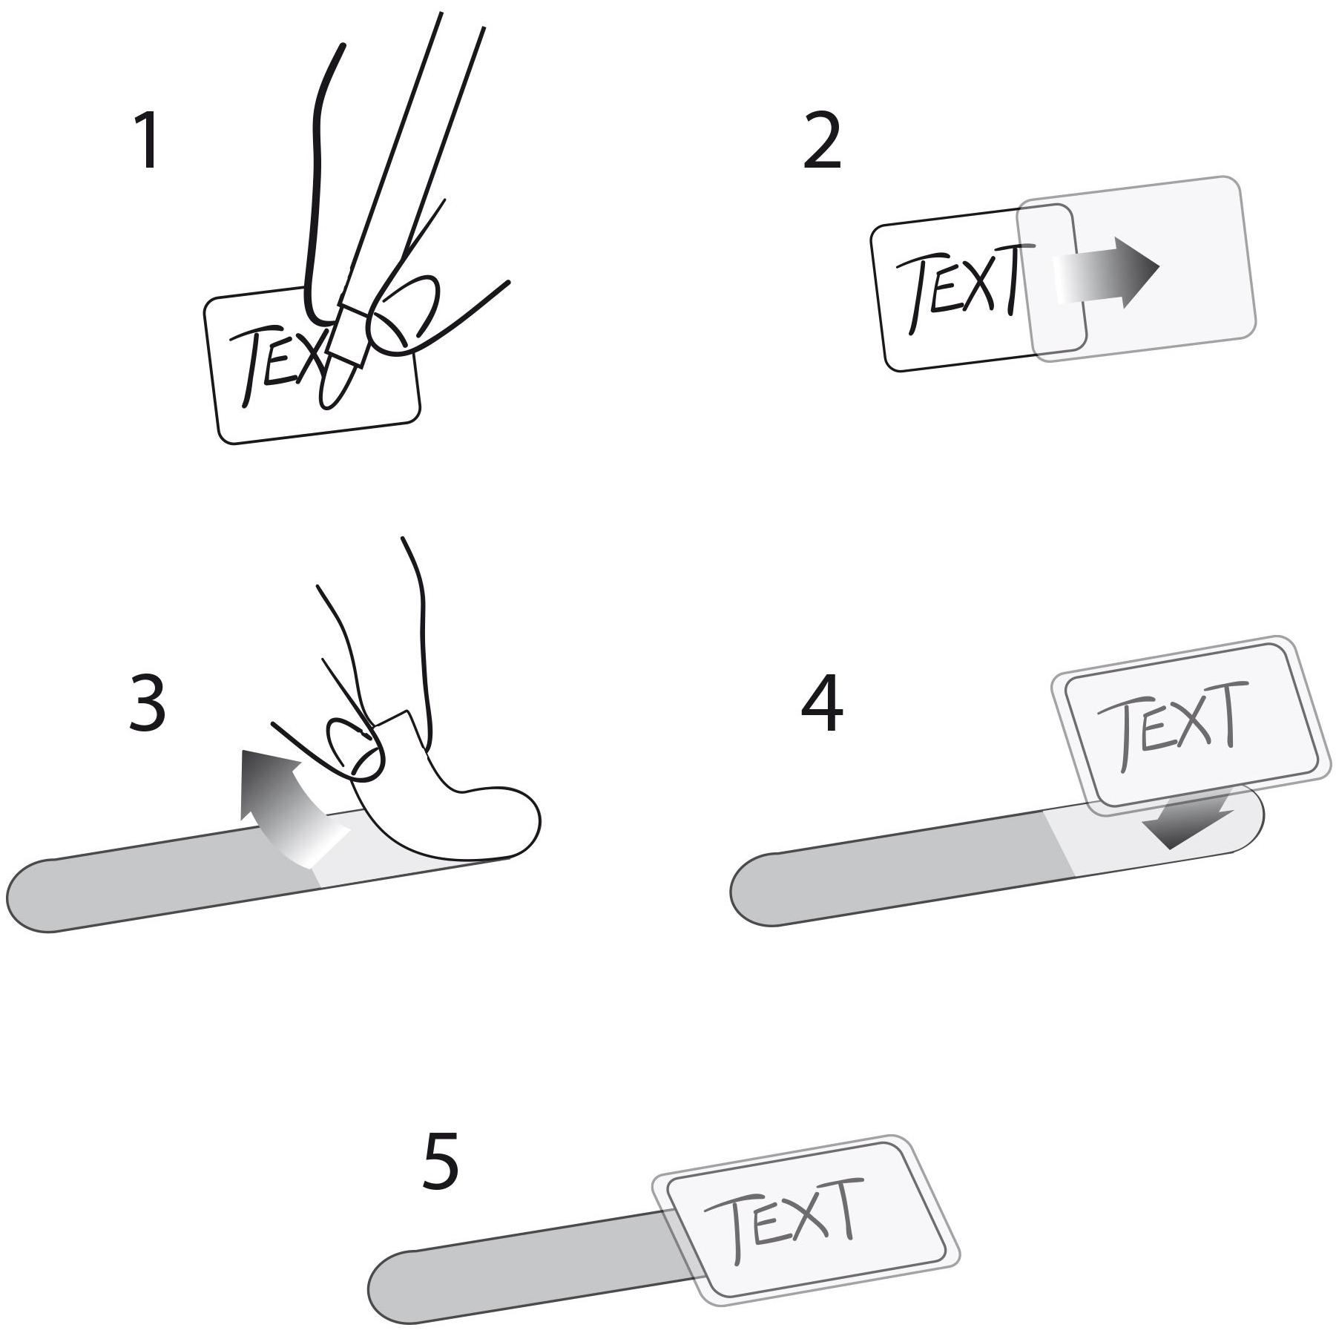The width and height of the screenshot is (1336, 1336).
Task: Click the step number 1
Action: pyautogui.click(x=146, y=140)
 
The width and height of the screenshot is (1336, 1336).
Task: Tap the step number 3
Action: pyautogui.click(x=147, y=702)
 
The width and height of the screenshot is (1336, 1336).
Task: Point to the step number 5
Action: pyautogui.click(x=440, y=1159)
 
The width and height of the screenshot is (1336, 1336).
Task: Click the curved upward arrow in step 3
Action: pyautogui.click(x=286, y=805)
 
